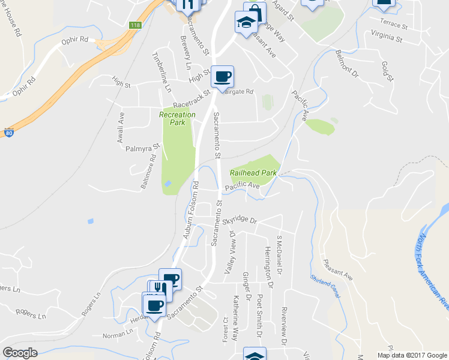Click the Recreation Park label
click(177, 118)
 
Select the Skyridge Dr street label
click(239, 221)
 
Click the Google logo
click(20, 353)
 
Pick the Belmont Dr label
click(346, 65)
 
